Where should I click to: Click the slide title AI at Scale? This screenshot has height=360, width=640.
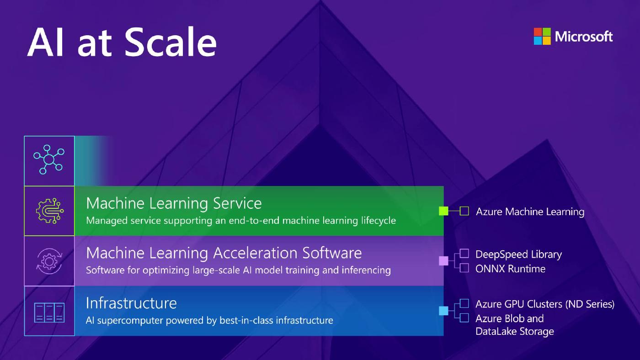click(x=122, y=42)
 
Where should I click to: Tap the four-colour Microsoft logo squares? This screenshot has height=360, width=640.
click(x=542, y=37)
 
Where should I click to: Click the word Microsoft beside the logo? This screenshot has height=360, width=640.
click(x=584, y=37)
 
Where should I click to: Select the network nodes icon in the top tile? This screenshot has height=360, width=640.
click(x=49, y=160)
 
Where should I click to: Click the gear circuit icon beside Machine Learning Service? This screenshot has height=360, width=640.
click(x=49, y=211)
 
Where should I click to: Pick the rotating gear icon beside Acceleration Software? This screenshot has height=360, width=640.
click(x=49, y=261)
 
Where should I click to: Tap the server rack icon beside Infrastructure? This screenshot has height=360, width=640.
click(x=49, y=312)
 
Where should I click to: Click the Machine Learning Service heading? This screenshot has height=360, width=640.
click(x=174, y=203)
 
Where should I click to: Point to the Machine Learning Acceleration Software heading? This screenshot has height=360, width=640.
click(x=224, y=253)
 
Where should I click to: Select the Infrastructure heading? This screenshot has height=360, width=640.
click(x=131, y=303)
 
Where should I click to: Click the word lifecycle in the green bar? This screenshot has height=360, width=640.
click(x=379, y=221)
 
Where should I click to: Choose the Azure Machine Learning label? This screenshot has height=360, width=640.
click(x=530, y=212)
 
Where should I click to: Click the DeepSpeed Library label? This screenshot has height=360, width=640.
click(x=518, y=254)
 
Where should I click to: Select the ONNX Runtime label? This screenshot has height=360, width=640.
click(x=510, y=269)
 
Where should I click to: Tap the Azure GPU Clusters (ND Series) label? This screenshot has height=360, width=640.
click(x=544, y=304)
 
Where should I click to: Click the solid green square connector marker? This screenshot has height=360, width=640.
click(x=443, y=211)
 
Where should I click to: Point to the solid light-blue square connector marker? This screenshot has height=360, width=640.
click(x=443, y=311)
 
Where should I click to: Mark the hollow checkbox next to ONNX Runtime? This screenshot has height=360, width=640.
click(x=464, y=268)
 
